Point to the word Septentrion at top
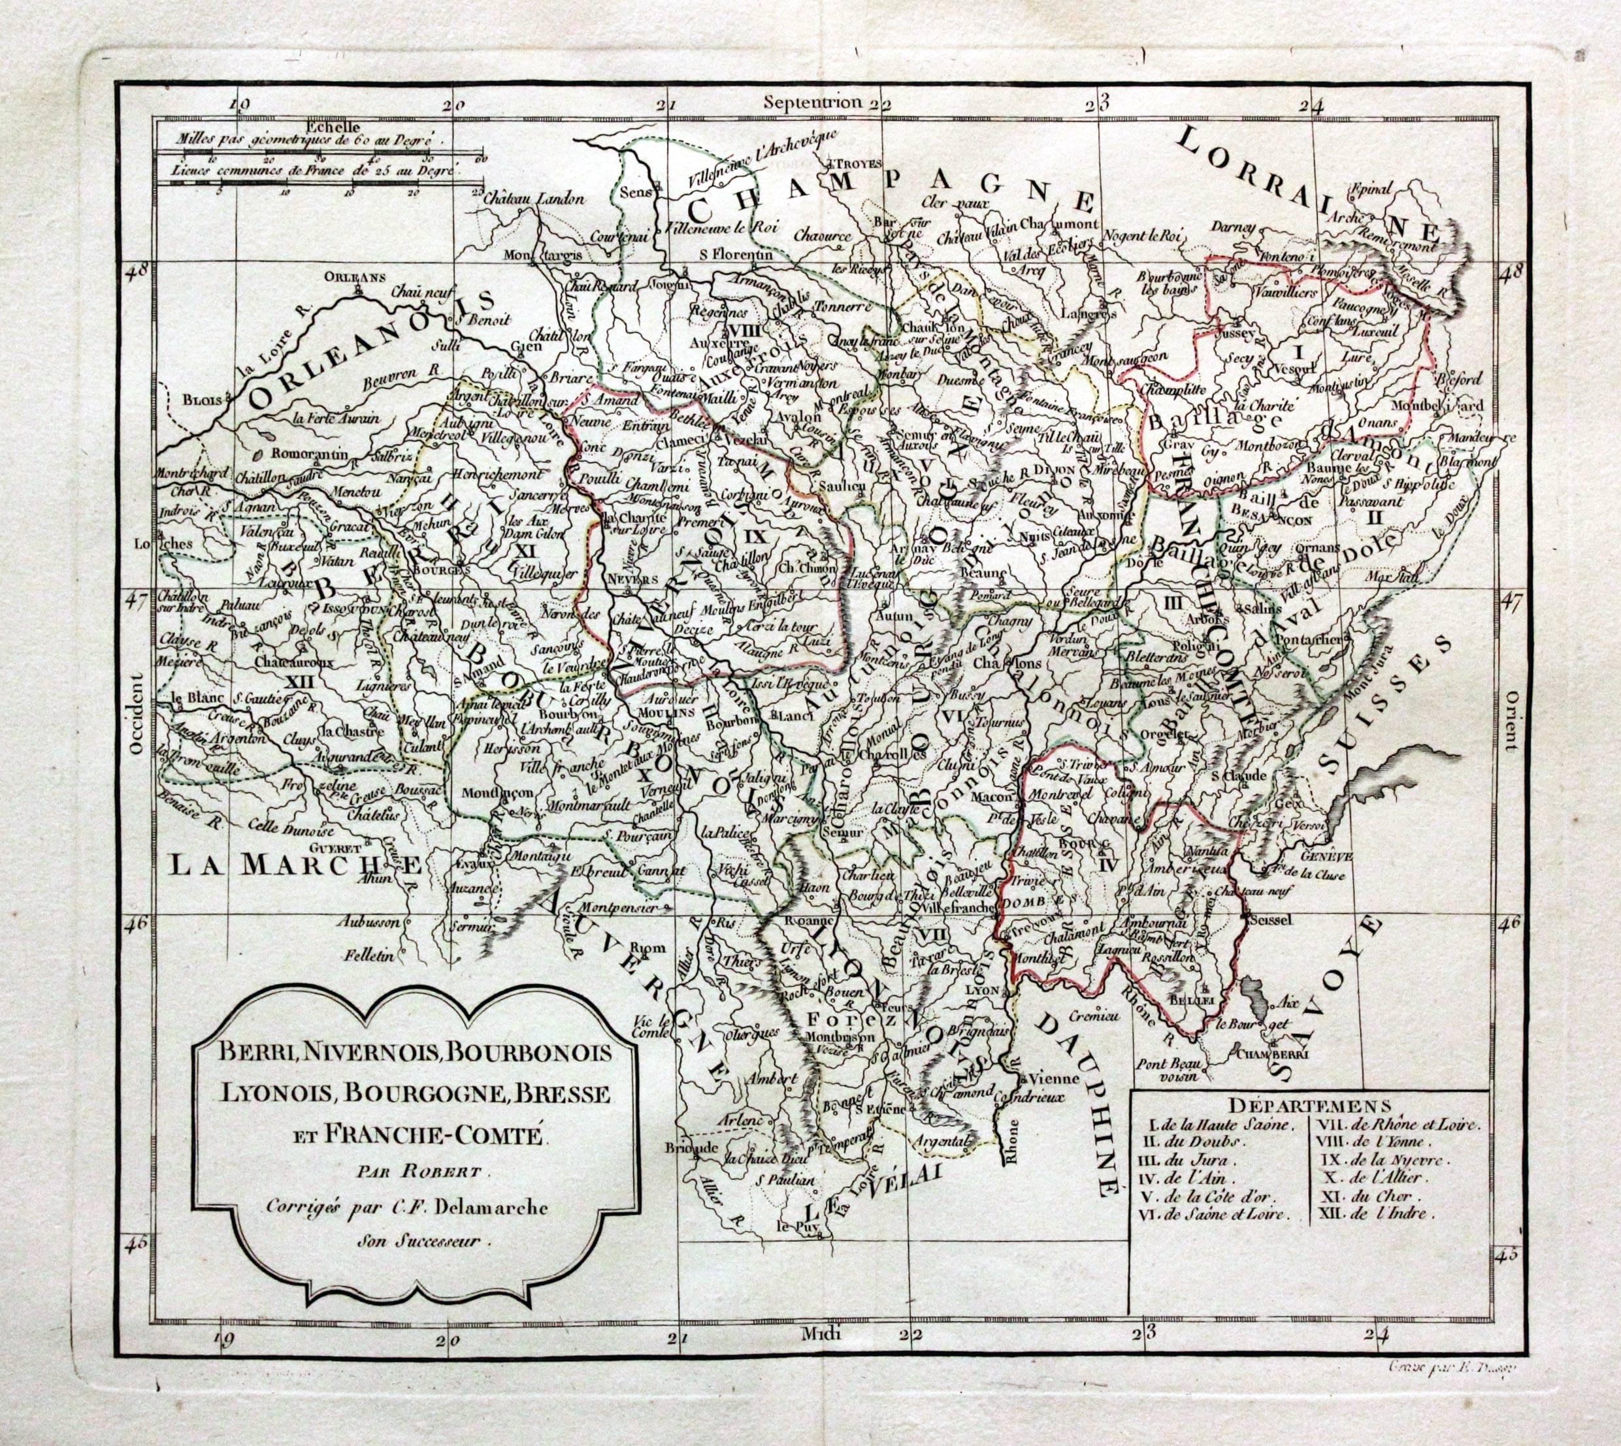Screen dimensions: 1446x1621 point(812,101)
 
